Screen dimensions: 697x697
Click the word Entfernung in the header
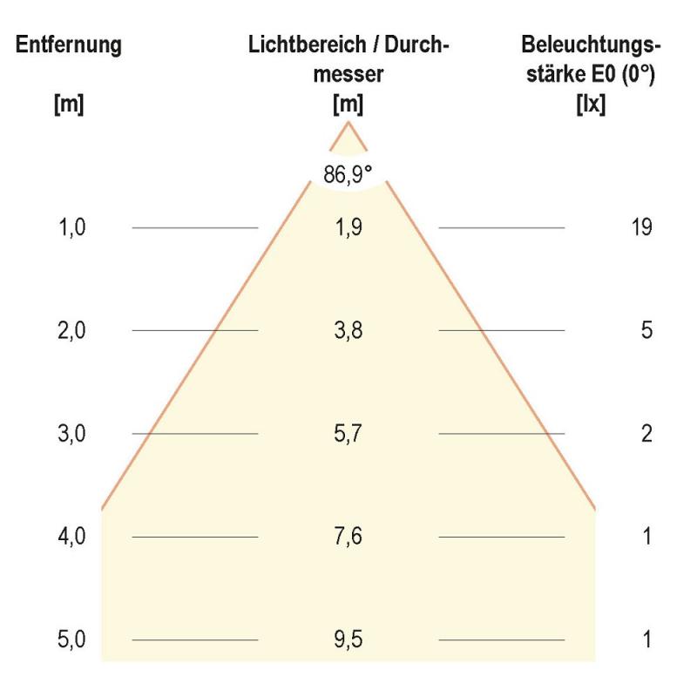[x=69, y=45]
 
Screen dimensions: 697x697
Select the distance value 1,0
[x=72, y=227]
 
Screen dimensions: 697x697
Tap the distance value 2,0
[x=72, y=330]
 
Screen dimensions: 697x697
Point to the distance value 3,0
[x=72, y=433]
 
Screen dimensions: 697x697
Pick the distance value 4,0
[x=72, y=536]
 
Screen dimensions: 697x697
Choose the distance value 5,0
[x=72, y=639]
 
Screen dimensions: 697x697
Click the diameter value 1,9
[x=348, y=227]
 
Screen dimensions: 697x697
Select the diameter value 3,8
[x=348, y=330]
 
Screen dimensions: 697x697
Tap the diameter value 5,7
[x=348, y=433]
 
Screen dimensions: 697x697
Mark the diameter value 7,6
[x=348, y=536]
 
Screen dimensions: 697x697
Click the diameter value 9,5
[x=348, y=639]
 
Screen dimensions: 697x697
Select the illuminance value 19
[x=641, y=227]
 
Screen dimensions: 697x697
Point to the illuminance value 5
[x=646, y=330]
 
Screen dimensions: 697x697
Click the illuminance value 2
[x=646, y=433]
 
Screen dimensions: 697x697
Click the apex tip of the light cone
[x=349, y=123]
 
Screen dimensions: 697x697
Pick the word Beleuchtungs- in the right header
[x=592, y=45]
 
